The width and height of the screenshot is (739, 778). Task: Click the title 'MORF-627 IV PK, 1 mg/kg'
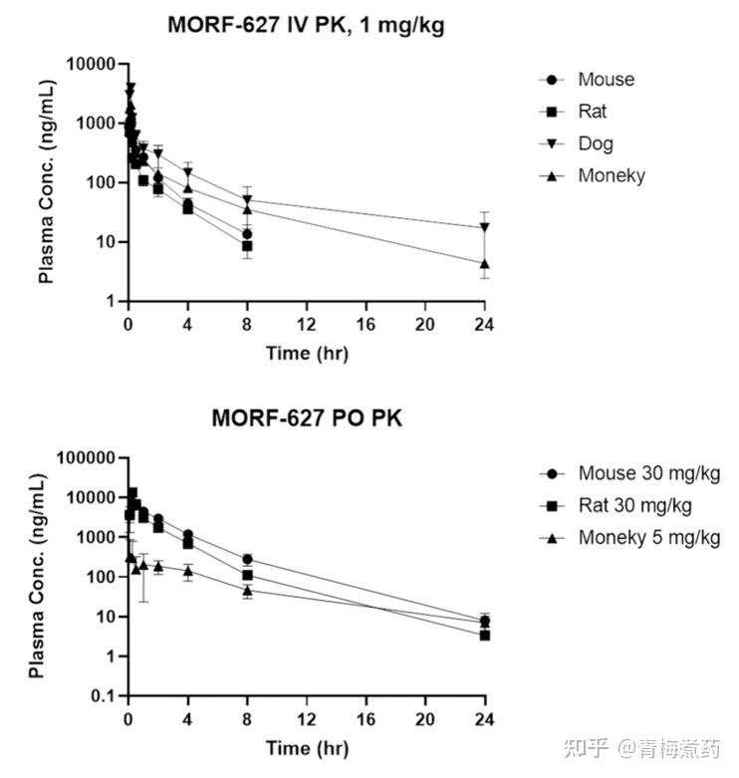point(306,27)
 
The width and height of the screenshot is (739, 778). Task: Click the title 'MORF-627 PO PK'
point(306,418)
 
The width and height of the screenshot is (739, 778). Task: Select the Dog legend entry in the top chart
point(596,143)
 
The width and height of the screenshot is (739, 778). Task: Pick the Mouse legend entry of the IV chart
point(605,80)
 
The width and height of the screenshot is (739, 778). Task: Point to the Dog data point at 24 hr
point(485,227)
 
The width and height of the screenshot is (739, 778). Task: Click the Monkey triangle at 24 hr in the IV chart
point(485,264)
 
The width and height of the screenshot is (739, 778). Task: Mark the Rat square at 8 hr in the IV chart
point(247,245)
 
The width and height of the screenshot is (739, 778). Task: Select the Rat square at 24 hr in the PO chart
point(485,635)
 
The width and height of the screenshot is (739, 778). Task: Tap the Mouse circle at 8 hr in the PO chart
point(247,559)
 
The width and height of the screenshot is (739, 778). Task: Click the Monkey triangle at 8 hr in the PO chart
point(247,590)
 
